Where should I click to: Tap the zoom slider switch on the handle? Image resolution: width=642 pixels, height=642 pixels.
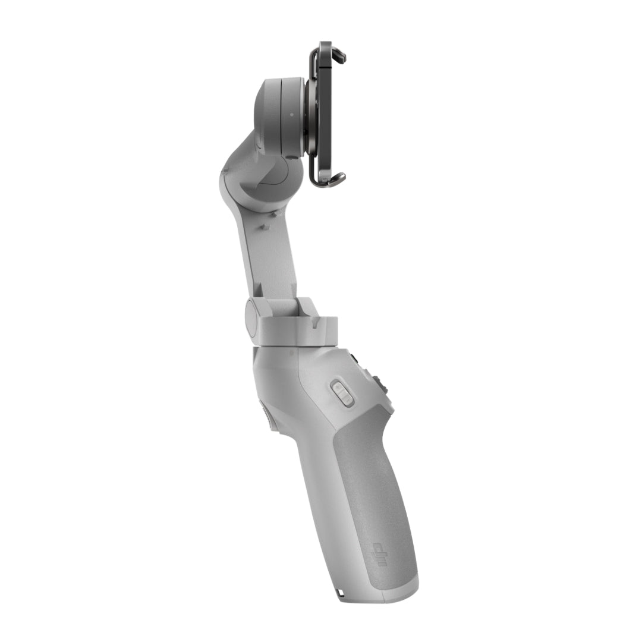(x=342, y=392)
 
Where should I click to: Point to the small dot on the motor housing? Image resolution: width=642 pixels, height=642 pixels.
(x=291, y=115)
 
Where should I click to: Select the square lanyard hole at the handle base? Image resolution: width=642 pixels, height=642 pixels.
(x=341, y=593)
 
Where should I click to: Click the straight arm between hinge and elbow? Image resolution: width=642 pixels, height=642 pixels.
(x=262, y=256)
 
